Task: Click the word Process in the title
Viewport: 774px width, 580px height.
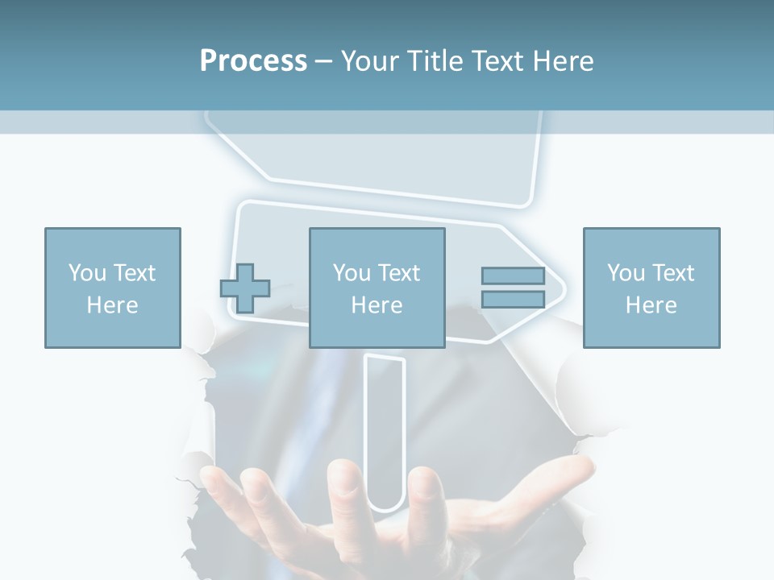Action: click(253, 60)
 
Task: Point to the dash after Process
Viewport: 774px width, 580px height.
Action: click(324, 61)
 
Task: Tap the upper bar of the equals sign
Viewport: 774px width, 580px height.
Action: click(513, 276)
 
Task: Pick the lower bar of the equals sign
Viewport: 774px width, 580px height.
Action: click(513, 299)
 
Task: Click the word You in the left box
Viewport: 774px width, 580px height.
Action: click(87, 273)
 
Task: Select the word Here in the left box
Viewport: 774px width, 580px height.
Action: click(112, 304)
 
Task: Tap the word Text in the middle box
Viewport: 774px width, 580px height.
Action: click(399, 273)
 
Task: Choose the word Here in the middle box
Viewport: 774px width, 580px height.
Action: click(377, 304)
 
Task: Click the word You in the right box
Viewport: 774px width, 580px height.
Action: click(626, 273)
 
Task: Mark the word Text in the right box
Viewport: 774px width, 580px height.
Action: click(673, 273)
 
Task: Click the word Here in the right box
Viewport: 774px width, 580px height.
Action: click(651, 304)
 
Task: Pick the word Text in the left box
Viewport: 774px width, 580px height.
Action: click(135, 273)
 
